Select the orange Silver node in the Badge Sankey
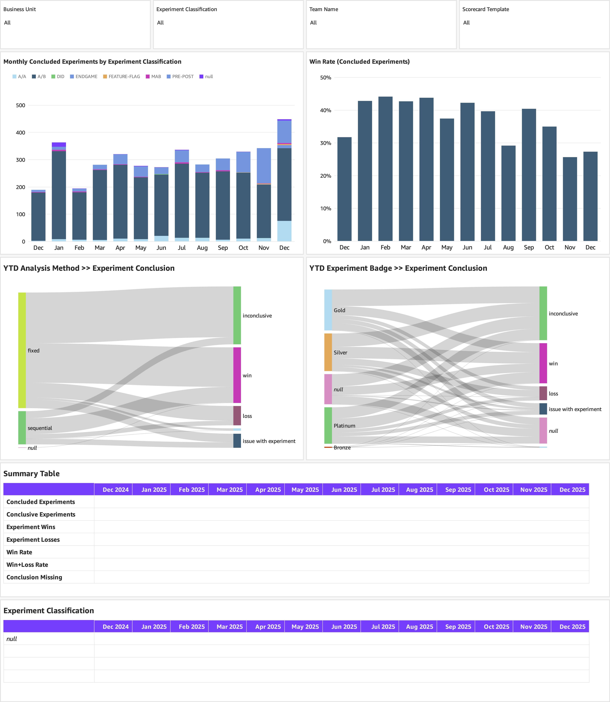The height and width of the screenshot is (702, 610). (328, 352)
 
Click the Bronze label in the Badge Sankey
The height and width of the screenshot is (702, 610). (342, 447)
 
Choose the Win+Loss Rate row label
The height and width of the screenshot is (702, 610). (27, 564)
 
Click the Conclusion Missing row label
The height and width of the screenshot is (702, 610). (34, 577)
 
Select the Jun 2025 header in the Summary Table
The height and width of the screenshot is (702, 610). (344, 489)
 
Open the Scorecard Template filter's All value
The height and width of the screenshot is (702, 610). (466, 22)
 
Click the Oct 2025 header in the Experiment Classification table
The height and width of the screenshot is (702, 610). (496, 626)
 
